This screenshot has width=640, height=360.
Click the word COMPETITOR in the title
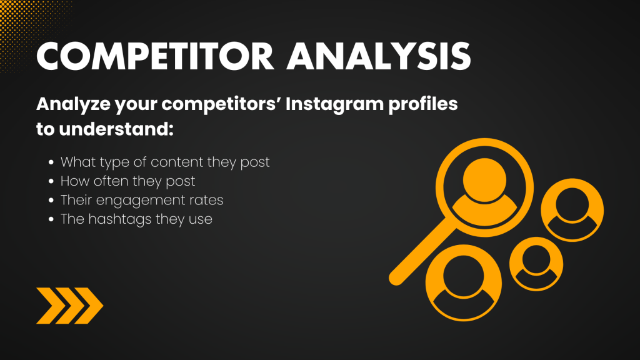(155, 56)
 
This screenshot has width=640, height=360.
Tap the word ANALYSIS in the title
(379, 56)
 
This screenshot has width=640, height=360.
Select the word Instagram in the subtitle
(334, 104)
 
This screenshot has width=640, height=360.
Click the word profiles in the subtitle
(423, 104)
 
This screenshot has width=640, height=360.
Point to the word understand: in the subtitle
(116, 129)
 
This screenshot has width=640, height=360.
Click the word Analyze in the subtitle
(74, 104)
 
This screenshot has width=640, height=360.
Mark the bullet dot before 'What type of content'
(51, 162)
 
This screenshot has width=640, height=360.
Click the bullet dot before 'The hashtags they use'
(51, 219)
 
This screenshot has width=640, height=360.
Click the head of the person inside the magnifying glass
(484, 179)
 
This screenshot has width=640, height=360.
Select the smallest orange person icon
(536, 264)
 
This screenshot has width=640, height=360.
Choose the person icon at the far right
(572, 210)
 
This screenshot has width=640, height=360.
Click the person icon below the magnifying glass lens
(464, 282)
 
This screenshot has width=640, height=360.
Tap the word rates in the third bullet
(206, 201)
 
